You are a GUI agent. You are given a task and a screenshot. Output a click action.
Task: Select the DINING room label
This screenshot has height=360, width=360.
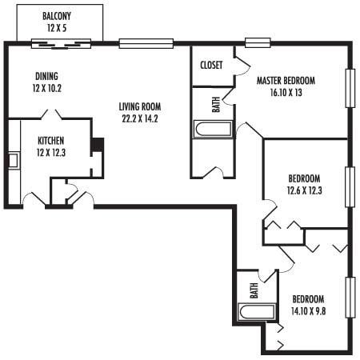pyautogui.click(x=46, y=77)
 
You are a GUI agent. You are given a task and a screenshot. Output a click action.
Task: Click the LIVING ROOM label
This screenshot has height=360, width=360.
pyautogui.click(x=140, y=107)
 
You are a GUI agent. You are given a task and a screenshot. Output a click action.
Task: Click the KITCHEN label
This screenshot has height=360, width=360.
pyautogui.click(x=50, y=141)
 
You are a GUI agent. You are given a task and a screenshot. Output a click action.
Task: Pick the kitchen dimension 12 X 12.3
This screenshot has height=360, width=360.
pyautogui.click(x=50, y=153)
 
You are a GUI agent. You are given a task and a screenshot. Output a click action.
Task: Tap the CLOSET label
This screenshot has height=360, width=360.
pyautogui.click(x=211, y=66)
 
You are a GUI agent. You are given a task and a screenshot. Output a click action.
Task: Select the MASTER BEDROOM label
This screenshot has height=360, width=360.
pyautogui.click(x=286, y=81)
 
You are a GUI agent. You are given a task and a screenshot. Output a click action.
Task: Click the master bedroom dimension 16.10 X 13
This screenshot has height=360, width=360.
pyautogui.click(x=286, y=93)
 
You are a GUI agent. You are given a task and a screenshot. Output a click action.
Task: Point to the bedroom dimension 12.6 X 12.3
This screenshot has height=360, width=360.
pyautogui.click(x=304, y=190)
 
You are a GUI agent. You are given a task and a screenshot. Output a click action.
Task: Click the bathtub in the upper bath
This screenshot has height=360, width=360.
pyautogui.click(x=213, y=130)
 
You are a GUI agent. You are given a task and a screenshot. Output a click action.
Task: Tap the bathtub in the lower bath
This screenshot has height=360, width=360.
pyautogui.click(x=254, y=310)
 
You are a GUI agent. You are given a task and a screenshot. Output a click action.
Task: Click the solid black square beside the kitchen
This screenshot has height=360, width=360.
pyautogui.click(x=98, y=146)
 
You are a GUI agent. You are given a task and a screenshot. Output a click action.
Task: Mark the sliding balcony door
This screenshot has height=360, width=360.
pyautogui.click(x=62, y=43)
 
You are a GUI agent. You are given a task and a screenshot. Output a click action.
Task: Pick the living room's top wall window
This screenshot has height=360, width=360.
pyautogui.click(x=146, y=43)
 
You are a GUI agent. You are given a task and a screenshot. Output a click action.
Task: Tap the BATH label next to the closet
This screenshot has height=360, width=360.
pyautogui.click(x=215, y=104)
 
